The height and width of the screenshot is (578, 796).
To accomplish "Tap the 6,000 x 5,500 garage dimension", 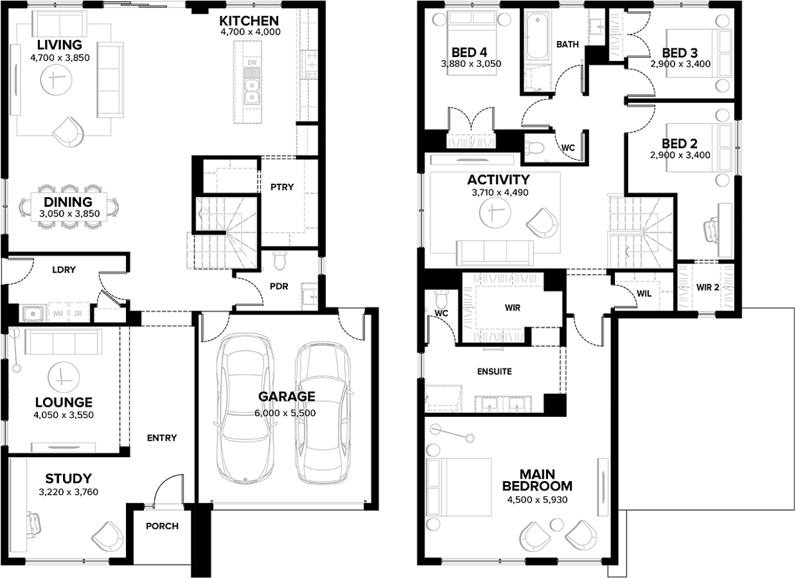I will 285,413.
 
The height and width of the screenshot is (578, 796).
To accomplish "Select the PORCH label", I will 162,526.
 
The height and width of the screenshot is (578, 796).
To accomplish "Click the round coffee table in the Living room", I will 56,82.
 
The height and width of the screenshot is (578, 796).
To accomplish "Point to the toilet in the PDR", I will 279,261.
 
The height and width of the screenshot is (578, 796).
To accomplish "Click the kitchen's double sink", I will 251,91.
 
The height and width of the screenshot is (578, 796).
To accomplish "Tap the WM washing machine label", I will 57,314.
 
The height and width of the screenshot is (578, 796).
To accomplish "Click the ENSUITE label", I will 495,372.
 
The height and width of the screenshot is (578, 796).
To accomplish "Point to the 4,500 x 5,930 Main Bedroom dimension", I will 537,499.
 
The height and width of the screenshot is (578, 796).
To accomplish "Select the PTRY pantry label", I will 282,187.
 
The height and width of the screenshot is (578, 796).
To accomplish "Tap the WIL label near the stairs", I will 643,292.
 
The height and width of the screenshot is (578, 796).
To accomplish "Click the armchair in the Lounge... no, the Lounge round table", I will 64,376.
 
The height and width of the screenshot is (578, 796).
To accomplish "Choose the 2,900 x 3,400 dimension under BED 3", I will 680,65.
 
